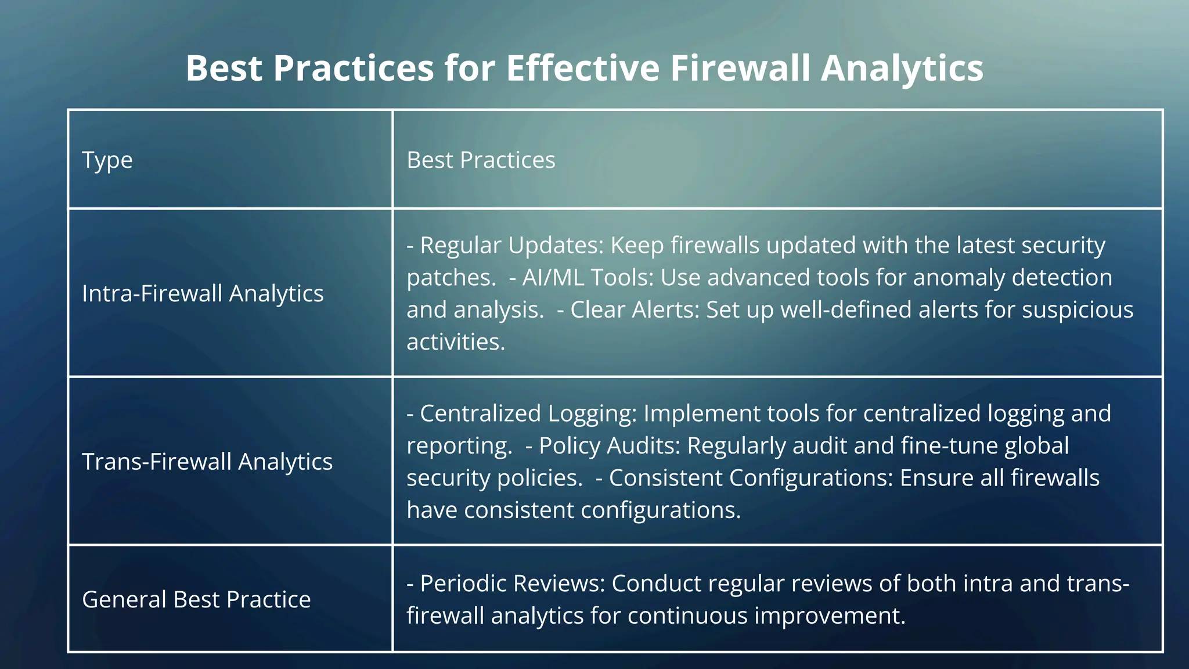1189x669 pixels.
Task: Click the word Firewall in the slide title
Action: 740,69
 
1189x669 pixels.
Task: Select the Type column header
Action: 107,160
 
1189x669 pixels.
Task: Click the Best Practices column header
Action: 481,160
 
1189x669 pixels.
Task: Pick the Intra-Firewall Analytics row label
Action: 203,294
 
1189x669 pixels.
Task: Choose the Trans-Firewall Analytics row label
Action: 207,462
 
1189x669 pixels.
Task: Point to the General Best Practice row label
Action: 196,599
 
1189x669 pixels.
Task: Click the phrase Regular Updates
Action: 511,245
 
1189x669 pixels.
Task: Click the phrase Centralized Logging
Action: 528,413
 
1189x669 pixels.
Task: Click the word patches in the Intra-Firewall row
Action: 451,278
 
